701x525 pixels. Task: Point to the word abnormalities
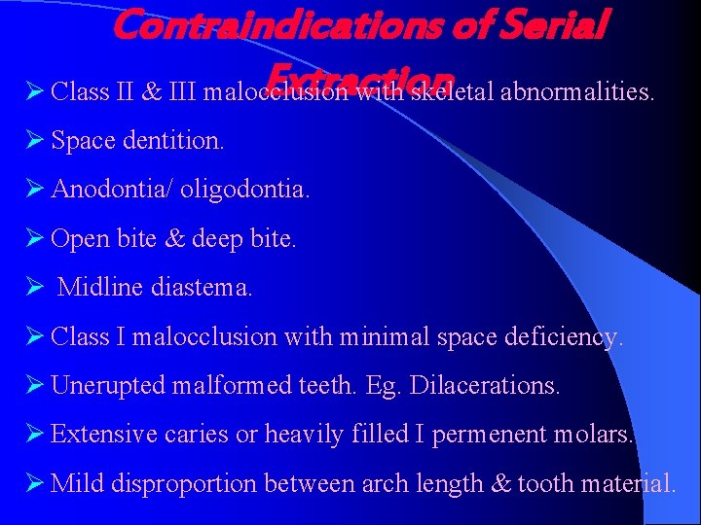point(576,92)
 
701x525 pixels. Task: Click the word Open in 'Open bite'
point(78,239)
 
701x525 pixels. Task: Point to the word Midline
point(99,288)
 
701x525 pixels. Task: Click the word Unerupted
point(108,386)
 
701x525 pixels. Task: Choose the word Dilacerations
point(486,386)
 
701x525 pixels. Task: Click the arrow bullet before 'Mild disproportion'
point(35,482)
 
